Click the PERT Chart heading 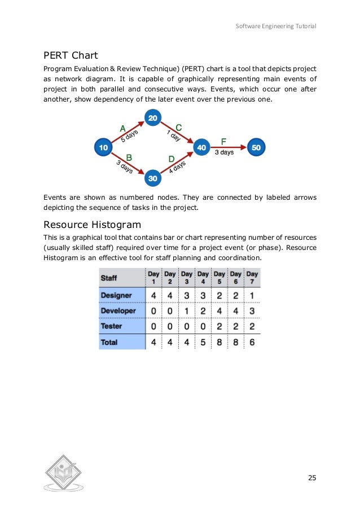coord(71,55)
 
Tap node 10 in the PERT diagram coord(103,147)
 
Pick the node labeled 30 coord(153,177)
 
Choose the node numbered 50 coord(256,147)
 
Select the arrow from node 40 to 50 coord(228,147)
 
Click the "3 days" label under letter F coord(224,152)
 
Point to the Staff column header coord(109,278)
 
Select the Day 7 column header coord(252,277)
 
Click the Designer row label coord(116,295)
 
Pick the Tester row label coord(111,326)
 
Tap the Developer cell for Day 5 coord(219,311)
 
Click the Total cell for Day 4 coord(203,342)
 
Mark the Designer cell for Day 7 coord(252,295)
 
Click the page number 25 coord(312,478)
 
